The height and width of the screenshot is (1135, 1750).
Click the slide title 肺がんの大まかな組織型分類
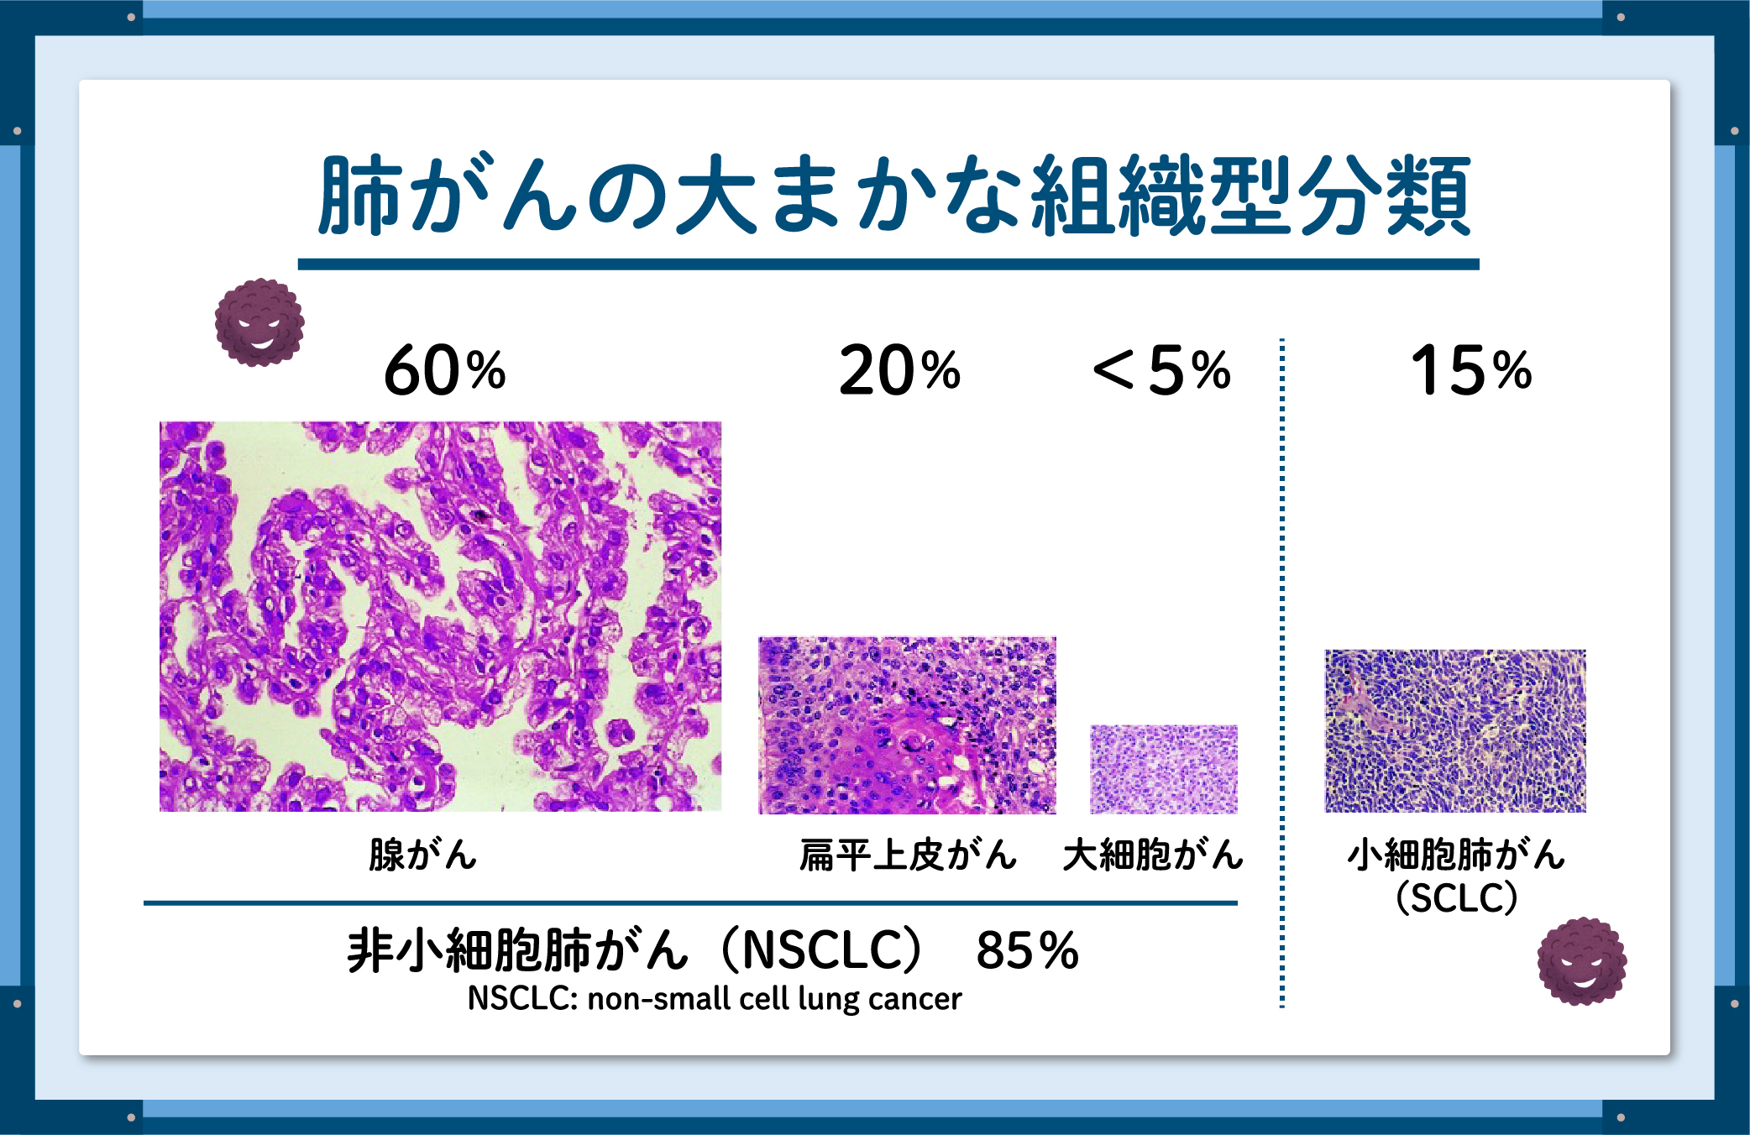coord(894,195)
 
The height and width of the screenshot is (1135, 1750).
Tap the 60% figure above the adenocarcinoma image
coord(445,370)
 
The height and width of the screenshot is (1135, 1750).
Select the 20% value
coord(899,370)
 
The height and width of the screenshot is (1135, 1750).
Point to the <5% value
coord(1161,370)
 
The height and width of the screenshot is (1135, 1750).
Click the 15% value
coord(1471,370)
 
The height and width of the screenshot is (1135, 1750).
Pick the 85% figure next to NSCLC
coord(1027,950)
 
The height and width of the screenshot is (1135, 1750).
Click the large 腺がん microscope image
coord(440,616)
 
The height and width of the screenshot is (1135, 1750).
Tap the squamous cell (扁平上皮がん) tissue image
coord(907,725)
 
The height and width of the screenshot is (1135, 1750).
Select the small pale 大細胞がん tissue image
coord(1164,769)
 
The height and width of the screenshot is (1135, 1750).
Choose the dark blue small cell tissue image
coord(1455,730)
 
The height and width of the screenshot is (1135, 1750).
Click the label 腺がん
coord(422,855)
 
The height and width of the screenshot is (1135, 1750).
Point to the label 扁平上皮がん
coord(908,855)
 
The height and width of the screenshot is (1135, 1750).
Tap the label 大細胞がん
coord(1153,855)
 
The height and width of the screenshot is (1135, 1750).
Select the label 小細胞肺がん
coord(1456,855)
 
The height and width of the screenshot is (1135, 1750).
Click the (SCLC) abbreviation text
coord(1456,897)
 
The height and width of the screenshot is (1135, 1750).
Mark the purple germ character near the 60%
coord(259,322)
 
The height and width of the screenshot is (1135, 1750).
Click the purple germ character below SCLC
coord(1582,961)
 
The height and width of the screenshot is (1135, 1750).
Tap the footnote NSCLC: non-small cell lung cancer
coord(715,999)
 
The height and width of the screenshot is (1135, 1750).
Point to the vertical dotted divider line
coord(1282,672)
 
